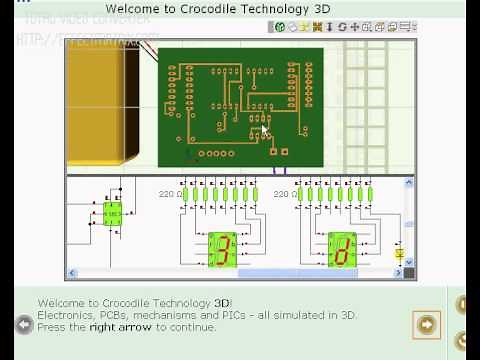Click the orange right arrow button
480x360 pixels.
427,324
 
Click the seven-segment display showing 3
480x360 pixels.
222,249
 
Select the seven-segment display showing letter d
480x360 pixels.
342,249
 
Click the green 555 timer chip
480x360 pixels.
111,213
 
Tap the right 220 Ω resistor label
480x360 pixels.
285,193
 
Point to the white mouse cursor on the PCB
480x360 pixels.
266,130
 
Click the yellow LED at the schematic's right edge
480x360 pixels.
400,255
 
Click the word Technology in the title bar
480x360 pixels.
277,9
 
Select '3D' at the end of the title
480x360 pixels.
323,9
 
